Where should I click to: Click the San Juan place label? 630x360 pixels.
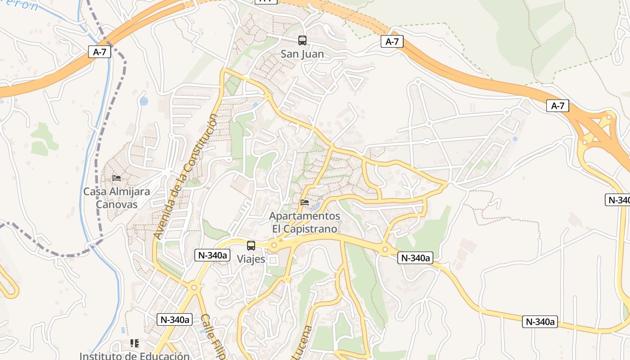point(302,54)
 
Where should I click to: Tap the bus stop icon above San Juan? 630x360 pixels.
point(302,40)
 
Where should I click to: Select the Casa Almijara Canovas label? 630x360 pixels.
point(117,198)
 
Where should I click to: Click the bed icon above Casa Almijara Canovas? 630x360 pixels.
point(117,178)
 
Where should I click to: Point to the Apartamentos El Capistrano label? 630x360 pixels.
point(305,222)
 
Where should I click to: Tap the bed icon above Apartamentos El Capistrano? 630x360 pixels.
point(305,202)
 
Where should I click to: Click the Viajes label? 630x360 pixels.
point(251,259)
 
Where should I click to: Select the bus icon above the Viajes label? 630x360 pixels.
point(251,246)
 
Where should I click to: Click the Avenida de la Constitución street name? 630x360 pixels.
point(185,176)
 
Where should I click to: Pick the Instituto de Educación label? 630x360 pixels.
point(135,356)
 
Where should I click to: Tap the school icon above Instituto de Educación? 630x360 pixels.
point(134,343)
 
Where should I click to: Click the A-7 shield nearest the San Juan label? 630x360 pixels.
point(392,42)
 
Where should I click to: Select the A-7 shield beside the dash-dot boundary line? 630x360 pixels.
point(99,52)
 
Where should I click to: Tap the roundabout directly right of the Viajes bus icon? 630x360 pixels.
point(273,246)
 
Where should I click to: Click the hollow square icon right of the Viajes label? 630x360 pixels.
point(273,260)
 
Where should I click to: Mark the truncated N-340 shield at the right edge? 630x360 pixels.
point(617,200)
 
